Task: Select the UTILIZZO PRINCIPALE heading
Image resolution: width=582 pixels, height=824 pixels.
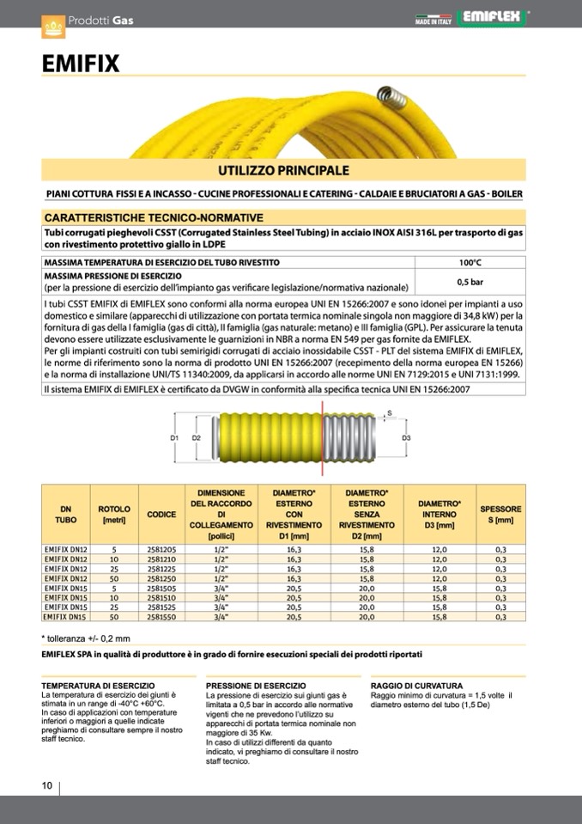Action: tap(282, 170)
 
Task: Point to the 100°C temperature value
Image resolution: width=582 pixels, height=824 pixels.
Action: tap(470, 262)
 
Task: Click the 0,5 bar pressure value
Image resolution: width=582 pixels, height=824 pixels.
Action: tap(470, 281)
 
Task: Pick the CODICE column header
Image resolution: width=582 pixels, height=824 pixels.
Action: tap(161, 514)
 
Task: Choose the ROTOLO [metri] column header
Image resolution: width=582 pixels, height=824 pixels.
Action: tap(114, 514)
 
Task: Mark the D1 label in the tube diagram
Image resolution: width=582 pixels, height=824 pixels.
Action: tap(173, 438)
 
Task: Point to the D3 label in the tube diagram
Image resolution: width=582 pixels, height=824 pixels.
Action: tap(406, 438)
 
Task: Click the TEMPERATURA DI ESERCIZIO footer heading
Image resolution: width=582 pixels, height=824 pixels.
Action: tap(98, 685)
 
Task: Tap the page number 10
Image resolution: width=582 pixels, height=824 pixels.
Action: tap(47, 785)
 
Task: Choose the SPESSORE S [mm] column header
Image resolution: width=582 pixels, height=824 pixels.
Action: tap(500, 514)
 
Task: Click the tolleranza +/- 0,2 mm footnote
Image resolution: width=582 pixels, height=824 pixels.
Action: tap(87, 638)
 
